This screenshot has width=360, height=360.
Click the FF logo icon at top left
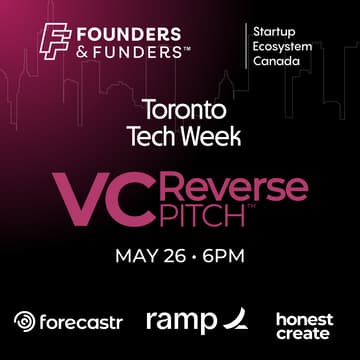pos(55,39)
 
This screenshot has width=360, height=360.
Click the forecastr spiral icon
pos(24,322)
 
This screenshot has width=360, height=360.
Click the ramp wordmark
pos(181,322)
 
